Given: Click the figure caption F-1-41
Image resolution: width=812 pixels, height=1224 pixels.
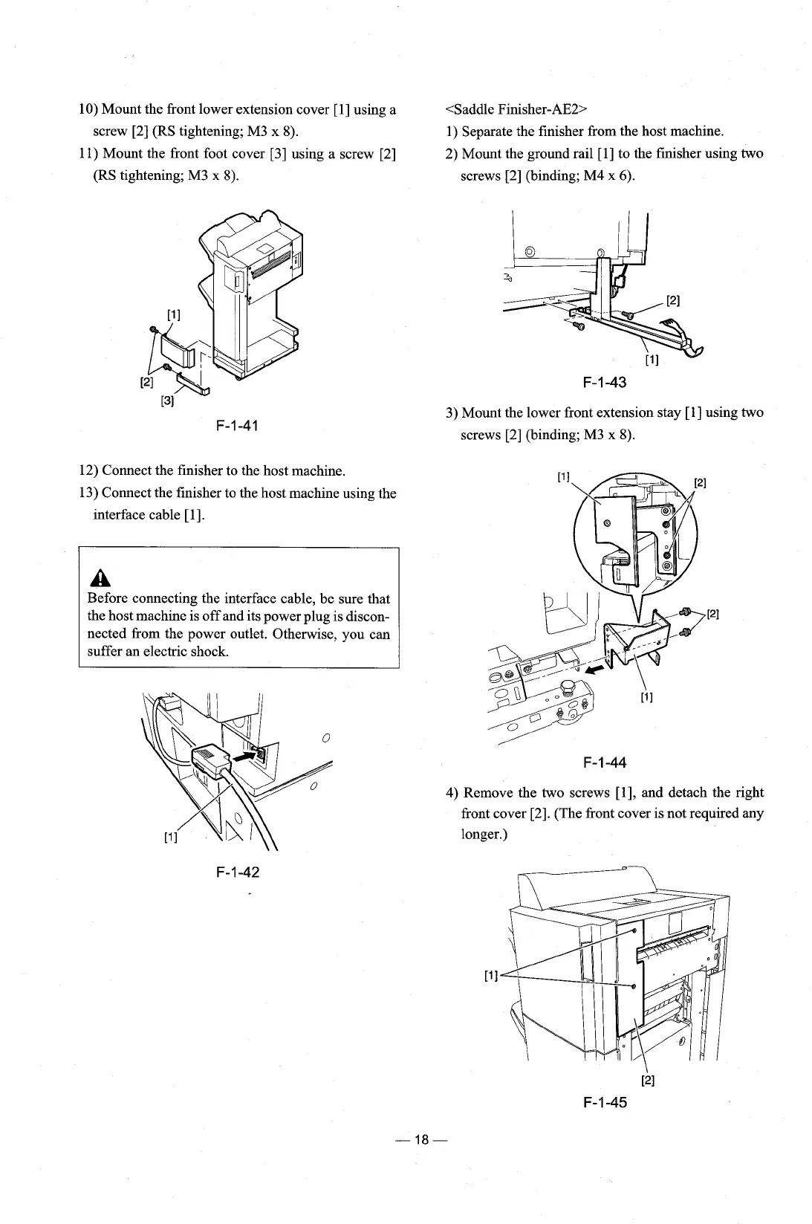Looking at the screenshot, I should (x=236, y=426).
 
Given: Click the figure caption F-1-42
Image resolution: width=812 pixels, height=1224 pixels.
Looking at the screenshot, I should (x=236, y=871).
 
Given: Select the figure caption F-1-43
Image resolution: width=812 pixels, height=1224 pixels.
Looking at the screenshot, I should (x=604, y=383).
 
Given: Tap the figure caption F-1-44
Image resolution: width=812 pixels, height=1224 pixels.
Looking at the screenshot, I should (x=604, y=762).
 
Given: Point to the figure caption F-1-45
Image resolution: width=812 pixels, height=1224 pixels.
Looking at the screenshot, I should (x=604, y=1102).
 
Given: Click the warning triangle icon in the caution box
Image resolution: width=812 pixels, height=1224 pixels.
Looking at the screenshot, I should (x=95, y=577).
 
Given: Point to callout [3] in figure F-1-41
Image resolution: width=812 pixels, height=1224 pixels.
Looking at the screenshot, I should (x=167, y=401).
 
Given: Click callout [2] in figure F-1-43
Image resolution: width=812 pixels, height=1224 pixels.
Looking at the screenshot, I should (x=672, y=301).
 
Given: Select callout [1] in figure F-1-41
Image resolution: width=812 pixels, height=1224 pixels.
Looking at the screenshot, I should (x=173, y=314).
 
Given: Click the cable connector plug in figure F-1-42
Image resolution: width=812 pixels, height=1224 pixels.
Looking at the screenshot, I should (x=210, y=760).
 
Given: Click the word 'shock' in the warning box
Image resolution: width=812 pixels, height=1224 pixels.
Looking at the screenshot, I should (x=210, y=652).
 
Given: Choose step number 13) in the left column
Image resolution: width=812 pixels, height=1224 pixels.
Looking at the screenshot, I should (x=88, y=493).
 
